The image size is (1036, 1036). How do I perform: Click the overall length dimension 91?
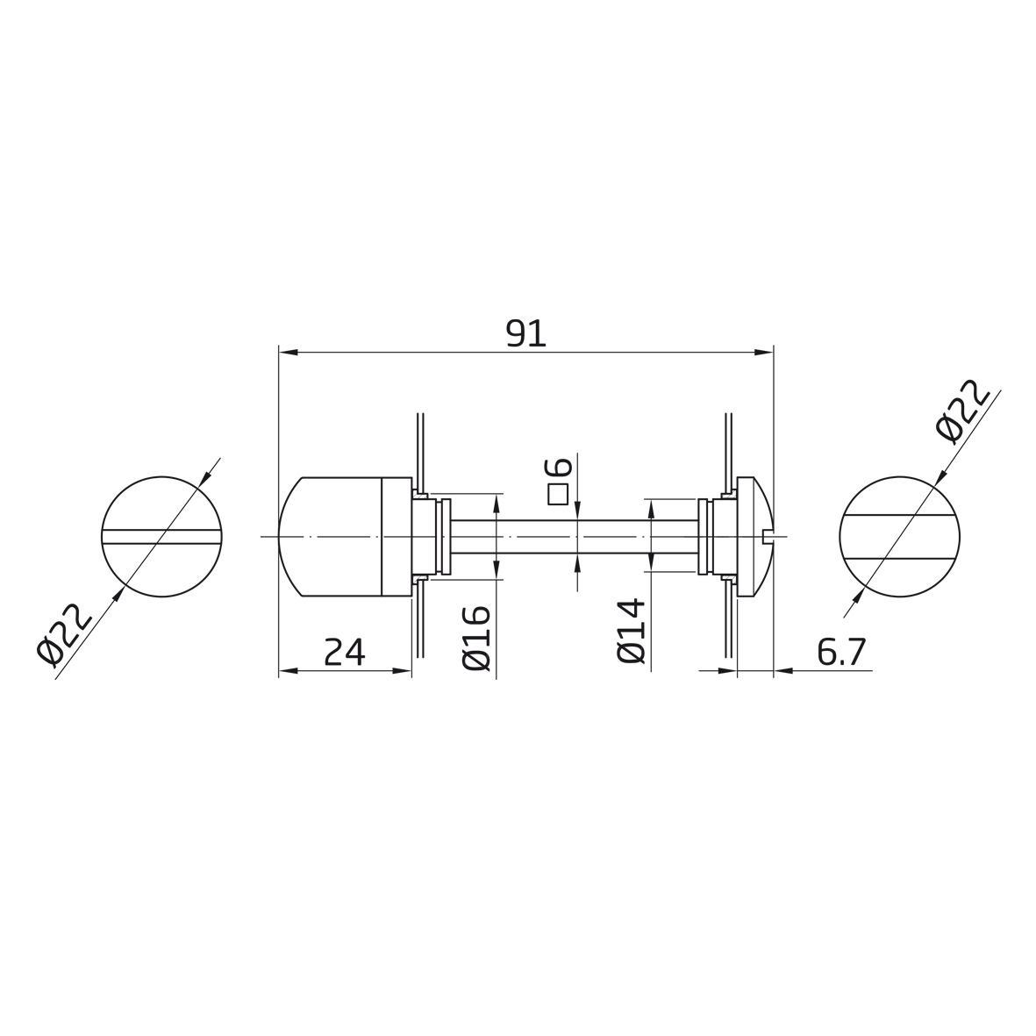pyautogui.click(x=526, y=333)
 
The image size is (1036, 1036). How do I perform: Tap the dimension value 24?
pyautogui.click(x=344, y=653)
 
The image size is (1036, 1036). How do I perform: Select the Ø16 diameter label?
pyautogui.click(x=477, y=638)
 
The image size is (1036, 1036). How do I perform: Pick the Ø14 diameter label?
pyautogui.click(x=630, y=631)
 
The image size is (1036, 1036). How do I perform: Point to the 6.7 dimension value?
pyautogui.click(x=840, y=653)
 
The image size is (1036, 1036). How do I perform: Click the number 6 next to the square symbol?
pyautogui.click(x=561, y=467)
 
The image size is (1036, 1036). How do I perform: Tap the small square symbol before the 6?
pyautogui.click(x=560, y=494)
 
